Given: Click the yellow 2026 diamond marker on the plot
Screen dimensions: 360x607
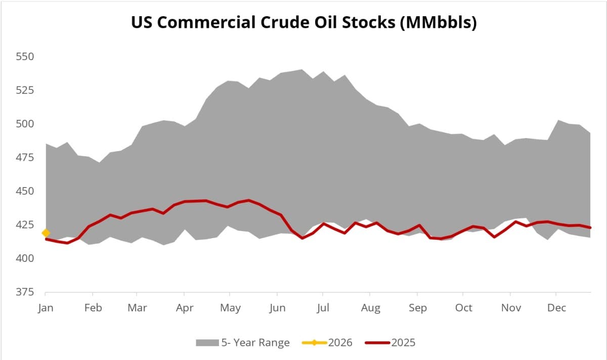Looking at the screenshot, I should click(46, 233).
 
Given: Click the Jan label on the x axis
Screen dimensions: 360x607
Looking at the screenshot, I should click(46, 308).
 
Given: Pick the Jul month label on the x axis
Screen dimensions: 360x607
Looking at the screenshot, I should click(324, 308).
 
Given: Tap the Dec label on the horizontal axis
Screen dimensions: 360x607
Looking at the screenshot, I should click(556, 308).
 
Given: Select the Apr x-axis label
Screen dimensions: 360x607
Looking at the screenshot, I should click(185, 308).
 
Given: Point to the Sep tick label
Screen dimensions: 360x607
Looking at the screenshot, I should click(417, 308).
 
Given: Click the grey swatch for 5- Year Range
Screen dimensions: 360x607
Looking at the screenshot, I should click(206, 343).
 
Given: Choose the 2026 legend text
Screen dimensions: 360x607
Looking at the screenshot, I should click(340, 343).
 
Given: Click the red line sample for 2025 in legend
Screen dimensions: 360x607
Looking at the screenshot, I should click(376, 343).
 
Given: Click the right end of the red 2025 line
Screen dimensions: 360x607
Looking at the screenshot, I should click(591, 228).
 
